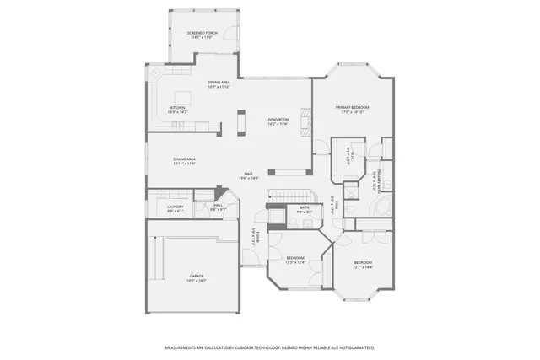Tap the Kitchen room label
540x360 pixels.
pos(178,109)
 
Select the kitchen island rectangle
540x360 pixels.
pos(182,96)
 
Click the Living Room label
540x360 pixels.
pos(278,121)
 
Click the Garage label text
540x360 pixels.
pos(197,275)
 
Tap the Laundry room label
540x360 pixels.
pos(175,206)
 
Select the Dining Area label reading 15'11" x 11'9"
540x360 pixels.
pos(185,160)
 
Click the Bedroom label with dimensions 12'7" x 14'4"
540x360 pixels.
pos(363,264)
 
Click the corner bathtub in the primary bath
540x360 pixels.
pos(384,207)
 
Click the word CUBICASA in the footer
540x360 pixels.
pos(253,347)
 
